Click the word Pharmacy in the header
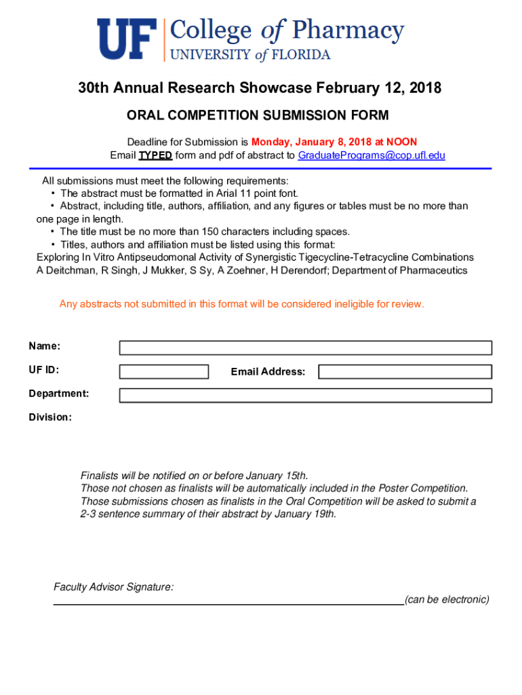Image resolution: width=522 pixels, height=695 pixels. (x=348, y=31)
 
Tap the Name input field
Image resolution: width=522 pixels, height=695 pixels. (x=305, y=347)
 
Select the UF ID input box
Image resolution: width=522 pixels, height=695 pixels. (x=164, y=371)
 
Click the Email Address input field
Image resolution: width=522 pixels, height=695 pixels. (x=405, y=371)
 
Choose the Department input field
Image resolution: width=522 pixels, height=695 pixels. (x=305, y=395)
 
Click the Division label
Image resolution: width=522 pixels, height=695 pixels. (x=49, y=417)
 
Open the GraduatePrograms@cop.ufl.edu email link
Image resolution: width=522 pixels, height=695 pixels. (x=372, y=155)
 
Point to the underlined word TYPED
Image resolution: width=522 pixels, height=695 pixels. (x=155, y=155)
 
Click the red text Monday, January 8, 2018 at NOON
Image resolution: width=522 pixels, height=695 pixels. (x=334, y=142)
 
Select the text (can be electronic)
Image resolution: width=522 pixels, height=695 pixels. (x=447, y=599)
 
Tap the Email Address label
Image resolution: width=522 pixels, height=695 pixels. (x=268, y=372)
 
